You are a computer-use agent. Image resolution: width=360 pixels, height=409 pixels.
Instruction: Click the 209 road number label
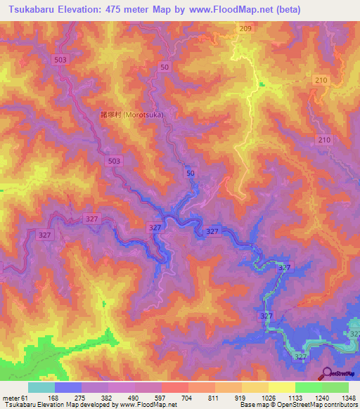pyautogui.click(x=245, y=28)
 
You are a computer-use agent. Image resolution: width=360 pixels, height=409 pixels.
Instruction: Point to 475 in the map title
pyautogui.click(x=134, y=10)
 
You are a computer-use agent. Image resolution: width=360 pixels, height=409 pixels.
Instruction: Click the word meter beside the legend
pyautogui.click(x=11, y=398)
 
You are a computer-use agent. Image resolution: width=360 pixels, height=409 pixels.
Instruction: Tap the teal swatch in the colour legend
pyautogui.click(x=41, y=387)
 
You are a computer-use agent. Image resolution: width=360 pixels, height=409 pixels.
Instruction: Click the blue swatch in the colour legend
pyautogui.click(x=67, y=387)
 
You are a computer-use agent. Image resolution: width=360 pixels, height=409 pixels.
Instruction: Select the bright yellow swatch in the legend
pyautogui.click(x=281, y=387)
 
